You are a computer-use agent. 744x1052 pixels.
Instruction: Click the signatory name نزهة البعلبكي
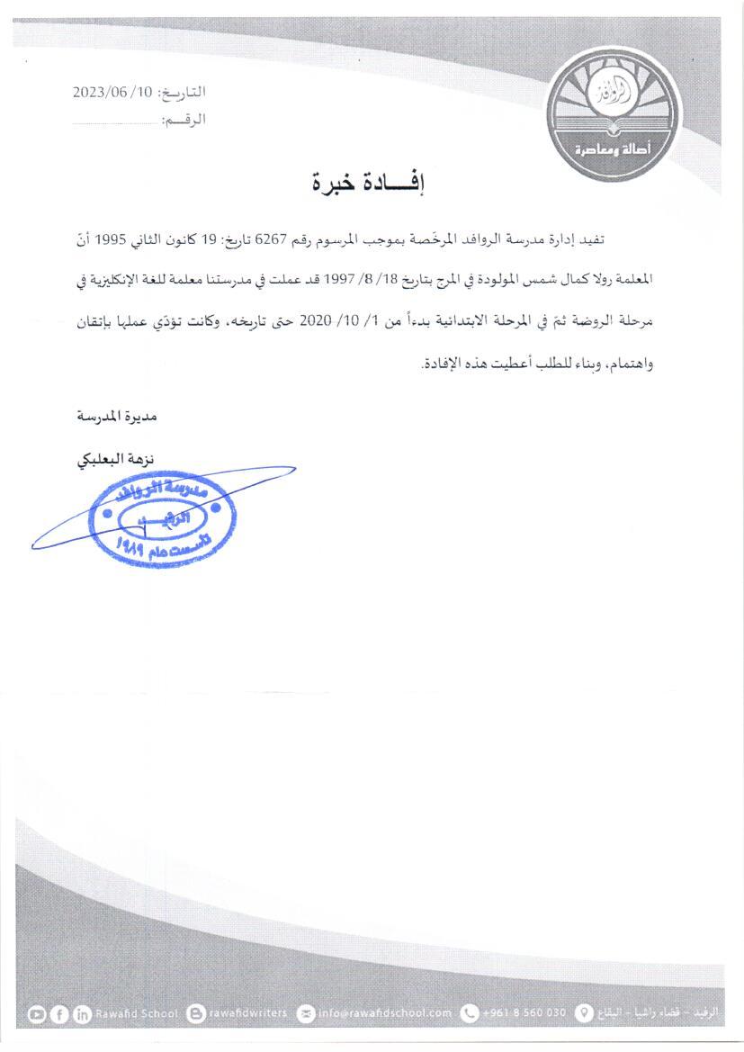(113, 459)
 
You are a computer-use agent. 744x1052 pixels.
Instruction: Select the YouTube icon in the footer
(37, 1013)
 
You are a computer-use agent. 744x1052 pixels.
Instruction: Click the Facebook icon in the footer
(60, 1013)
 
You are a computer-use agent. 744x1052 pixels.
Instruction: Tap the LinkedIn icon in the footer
(83, 1013)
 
